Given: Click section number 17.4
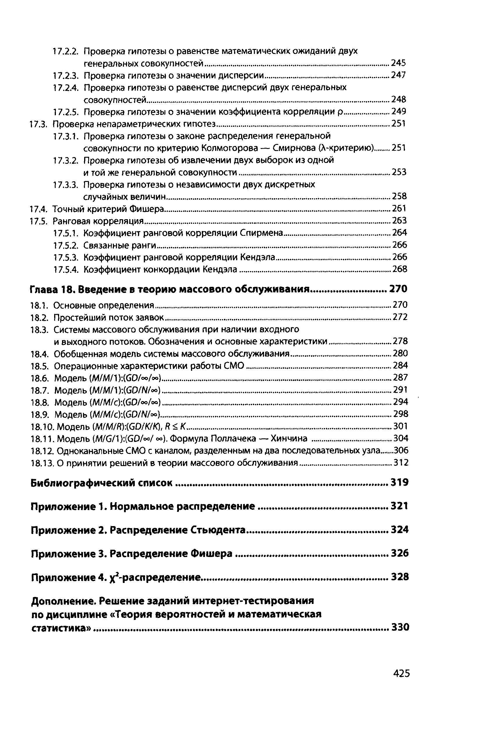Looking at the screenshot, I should (x=38, y=209).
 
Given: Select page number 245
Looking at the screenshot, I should (x=398, y=63).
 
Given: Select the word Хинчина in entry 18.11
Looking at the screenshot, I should (x=289, y=438).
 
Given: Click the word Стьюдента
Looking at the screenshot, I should (x=217, y=530).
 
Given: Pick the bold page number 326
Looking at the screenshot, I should (x=400, y=553).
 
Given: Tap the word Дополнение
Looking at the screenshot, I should (x=63, y=601).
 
